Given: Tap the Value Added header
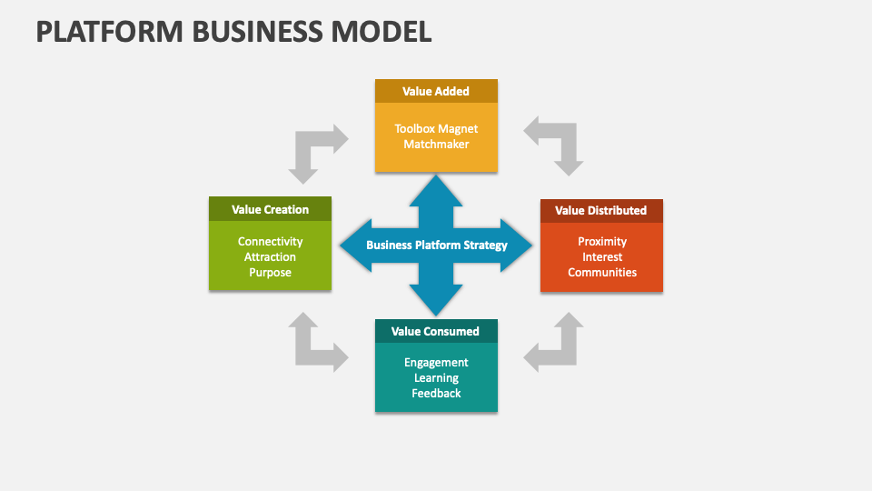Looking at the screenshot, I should click(436, 91).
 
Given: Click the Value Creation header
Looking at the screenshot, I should click(270, 209).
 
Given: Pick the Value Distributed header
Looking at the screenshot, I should click(600, 210).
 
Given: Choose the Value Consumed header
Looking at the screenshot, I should click(435, 331).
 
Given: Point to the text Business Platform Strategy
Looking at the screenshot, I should click(436, 245).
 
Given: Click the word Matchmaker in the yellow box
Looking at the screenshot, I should click(436, 144).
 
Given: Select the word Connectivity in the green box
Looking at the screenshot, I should click(270, 241).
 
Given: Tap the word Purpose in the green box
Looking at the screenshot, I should click(270, 273).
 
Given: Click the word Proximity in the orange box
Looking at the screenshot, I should click(601, 241).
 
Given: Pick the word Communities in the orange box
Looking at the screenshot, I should click(601, 273).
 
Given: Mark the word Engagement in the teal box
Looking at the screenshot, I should click(436, 362).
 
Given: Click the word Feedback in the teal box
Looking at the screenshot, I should click(436, 393).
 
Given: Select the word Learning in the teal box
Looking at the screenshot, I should click(436, 377).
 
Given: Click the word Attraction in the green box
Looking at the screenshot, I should click(270, 257).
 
